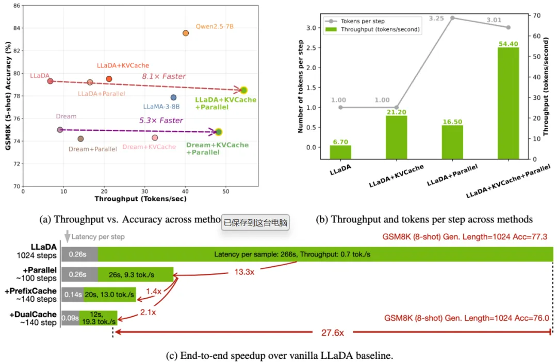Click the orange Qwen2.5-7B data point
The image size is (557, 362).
point(186,33)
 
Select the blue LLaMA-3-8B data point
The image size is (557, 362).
point(173,97)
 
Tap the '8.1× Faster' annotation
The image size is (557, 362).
point(164,77)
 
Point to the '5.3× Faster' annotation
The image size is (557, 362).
point(161,120)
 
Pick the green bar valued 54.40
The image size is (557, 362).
point(509,103)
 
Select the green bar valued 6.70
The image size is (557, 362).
point(340,152)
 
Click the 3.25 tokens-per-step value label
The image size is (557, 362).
point(436,18)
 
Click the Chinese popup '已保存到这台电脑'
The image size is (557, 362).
point(256,223)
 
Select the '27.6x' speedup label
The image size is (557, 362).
point(332,333)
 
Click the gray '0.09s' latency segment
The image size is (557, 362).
point(70,318)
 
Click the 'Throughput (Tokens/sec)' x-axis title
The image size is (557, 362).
point(140,198)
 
